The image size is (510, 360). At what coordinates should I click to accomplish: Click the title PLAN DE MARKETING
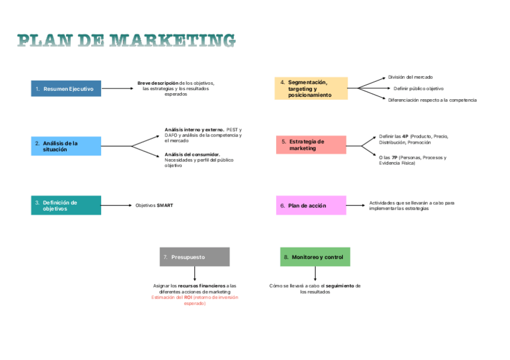coord(126,40)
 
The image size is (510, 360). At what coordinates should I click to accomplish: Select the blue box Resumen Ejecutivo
coord(66,89)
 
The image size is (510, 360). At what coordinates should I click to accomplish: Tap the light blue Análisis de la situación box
coord(66,146)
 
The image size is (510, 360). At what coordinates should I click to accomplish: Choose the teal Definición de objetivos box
coord(66,206)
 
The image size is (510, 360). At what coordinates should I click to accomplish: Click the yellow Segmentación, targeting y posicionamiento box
coord(311,88)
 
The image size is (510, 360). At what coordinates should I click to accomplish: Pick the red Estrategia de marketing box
coord(311,145)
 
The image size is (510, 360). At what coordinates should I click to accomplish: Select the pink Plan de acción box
coord(311,206)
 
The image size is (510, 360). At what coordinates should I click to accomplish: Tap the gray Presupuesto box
coord(194,257)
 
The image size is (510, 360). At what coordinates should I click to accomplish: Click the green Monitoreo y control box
coord(315,257)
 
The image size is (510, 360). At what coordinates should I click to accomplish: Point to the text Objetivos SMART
coord(154,206)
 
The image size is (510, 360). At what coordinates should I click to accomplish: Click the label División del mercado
coord(410,77)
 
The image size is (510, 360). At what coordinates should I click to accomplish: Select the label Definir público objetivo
coord(419,88)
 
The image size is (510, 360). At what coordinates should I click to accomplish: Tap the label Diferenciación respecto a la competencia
coord(432,100)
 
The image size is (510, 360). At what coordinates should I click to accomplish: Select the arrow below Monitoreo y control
coord(315,273)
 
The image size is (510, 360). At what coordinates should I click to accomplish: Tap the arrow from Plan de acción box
coord(355,206)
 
